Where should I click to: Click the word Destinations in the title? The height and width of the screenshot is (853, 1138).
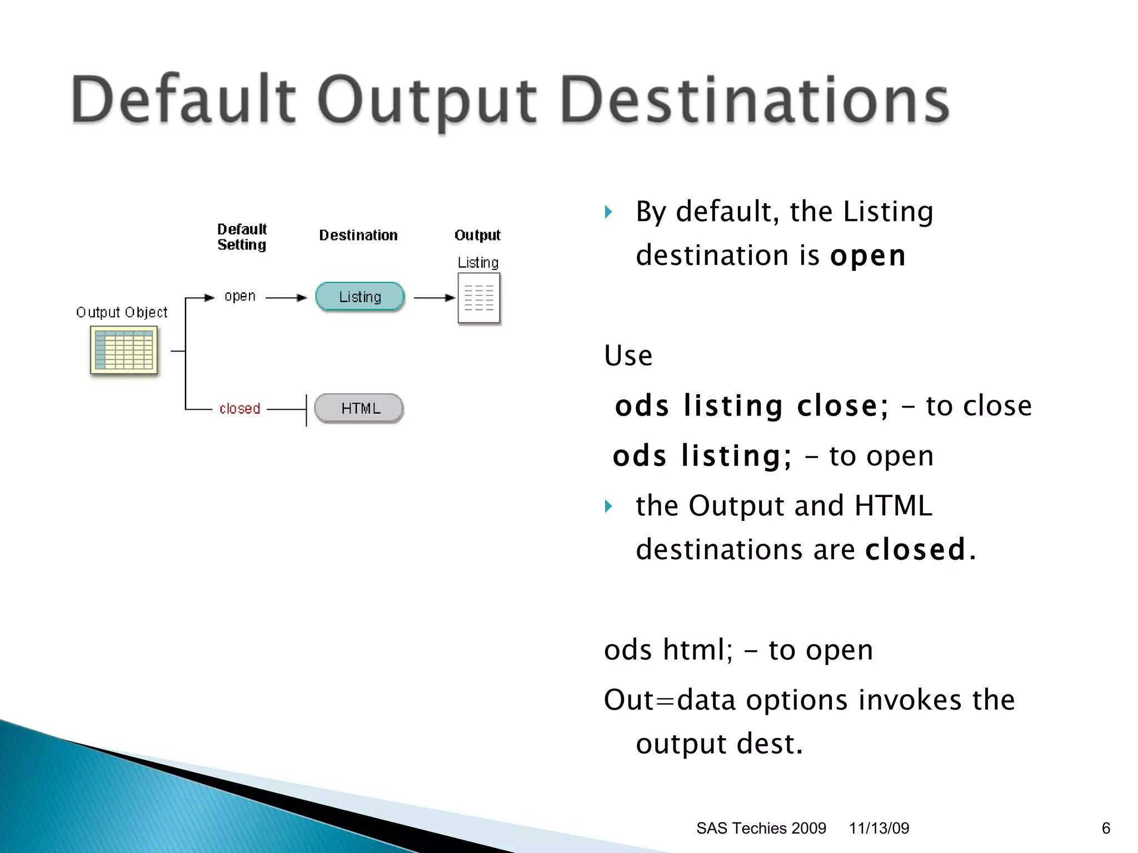755,101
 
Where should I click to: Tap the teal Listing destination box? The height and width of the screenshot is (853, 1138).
360,297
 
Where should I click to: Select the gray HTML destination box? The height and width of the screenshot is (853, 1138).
360,409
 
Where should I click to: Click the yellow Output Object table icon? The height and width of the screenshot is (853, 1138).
124,350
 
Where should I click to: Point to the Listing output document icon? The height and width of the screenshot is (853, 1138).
478,298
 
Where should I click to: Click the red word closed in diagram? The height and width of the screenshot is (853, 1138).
239,409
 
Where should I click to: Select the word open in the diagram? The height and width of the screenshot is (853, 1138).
239,297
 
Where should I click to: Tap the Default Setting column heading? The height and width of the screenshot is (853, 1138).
242,237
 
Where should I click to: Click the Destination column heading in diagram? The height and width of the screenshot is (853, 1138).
358,235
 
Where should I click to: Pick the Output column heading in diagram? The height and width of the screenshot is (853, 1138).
477,235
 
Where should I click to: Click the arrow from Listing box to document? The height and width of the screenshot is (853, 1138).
434,298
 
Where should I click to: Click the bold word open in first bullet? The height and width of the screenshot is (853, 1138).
867,256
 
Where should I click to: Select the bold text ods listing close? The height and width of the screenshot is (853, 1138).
751,406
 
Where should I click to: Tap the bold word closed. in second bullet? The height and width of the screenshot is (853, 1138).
920,550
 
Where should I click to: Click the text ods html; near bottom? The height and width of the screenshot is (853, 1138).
668,650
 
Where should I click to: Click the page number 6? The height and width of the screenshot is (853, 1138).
1106,829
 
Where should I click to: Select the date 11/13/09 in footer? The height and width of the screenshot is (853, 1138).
879,829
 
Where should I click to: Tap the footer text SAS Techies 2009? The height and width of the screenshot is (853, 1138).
761,829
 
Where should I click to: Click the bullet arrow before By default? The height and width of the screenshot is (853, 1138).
608,212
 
